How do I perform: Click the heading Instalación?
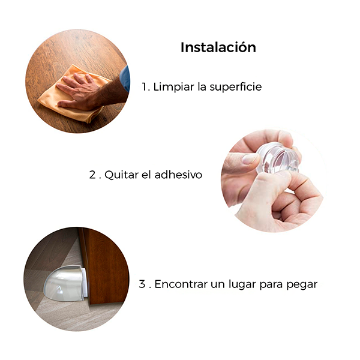pyautogui.click(x=218, y=47)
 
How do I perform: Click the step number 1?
pyautogui.click(x=145, y=87)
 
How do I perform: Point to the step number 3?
pyautogui.click(x=142, y=284)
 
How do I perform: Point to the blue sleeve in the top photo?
pyautogui.click(x=125, y=78)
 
